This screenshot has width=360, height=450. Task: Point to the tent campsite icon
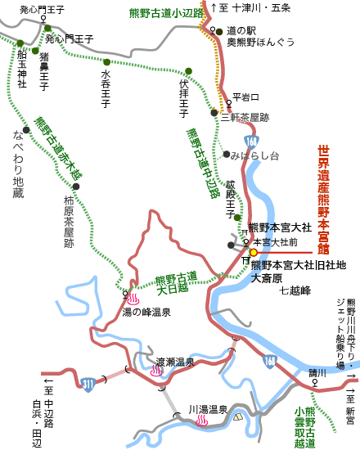(239, 416)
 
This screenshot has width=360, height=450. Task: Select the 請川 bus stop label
(317, 373)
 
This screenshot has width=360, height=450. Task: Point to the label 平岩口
(245, 96)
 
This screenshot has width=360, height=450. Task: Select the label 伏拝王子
(185, 97)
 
